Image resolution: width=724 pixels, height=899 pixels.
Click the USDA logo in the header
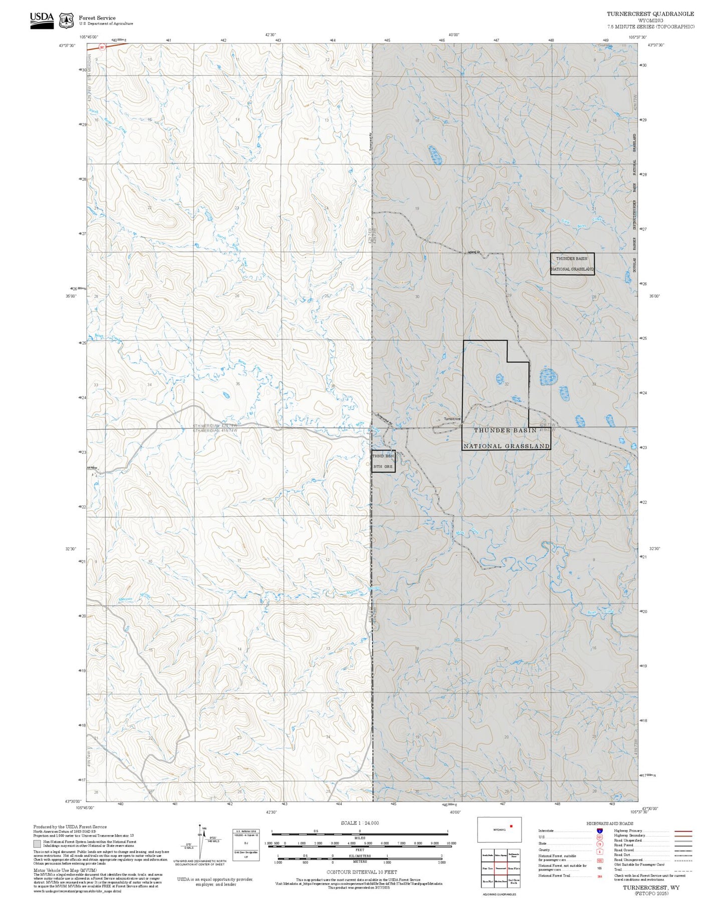coord(42,19)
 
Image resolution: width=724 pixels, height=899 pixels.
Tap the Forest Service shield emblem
coord(66,20)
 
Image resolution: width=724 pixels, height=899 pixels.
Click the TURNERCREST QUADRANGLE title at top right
coord(650,14)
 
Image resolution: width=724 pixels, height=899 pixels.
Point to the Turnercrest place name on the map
coord(452,419)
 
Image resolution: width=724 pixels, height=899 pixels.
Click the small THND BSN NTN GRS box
coord(383,461)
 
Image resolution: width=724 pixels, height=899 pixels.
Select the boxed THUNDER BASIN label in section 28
coord(572,264)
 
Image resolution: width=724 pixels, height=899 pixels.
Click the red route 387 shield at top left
coord(102,48)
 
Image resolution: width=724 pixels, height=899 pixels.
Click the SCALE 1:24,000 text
coord(360,823)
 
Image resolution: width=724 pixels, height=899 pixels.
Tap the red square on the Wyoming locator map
coord(511,825)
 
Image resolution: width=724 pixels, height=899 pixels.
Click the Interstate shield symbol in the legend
coord(599,830)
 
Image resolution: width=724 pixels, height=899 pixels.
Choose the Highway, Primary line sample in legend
coord(683,831)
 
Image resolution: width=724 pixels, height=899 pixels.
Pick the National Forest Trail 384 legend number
coord(599,876)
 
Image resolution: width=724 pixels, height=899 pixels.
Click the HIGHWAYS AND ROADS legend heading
coord(610,823)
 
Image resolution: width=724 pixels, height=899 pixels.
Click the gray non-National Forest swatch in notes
coord(37,843)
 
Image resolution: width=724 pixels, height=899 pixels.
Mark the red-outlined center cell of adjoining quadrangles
coord(500,868)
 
